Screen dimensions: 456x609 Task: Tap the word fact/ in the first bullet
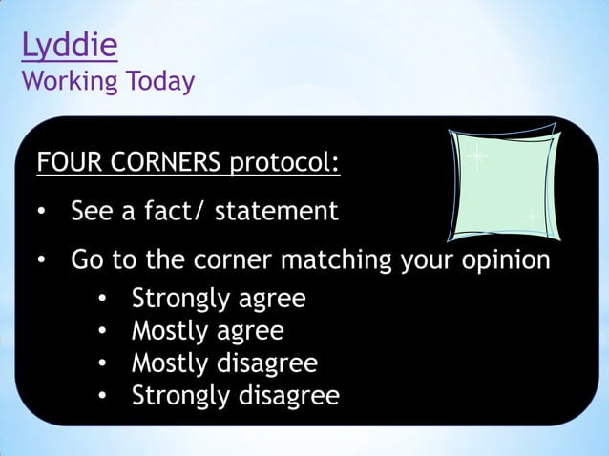pos(174,211)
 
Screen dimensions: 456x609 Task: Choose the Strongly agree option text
pos(219,299)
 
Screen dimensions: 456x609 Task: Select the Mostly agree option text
pos(207,331)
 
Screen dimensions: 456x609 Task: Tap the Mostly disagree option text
pos(224,363)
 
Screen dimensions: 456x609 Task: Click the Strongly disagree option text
pos(235,395)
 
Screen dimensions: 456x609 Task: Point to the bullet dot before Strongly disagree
pos(103,396)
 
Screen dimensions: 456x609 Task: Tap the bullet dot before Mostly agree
pos(103,332)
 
